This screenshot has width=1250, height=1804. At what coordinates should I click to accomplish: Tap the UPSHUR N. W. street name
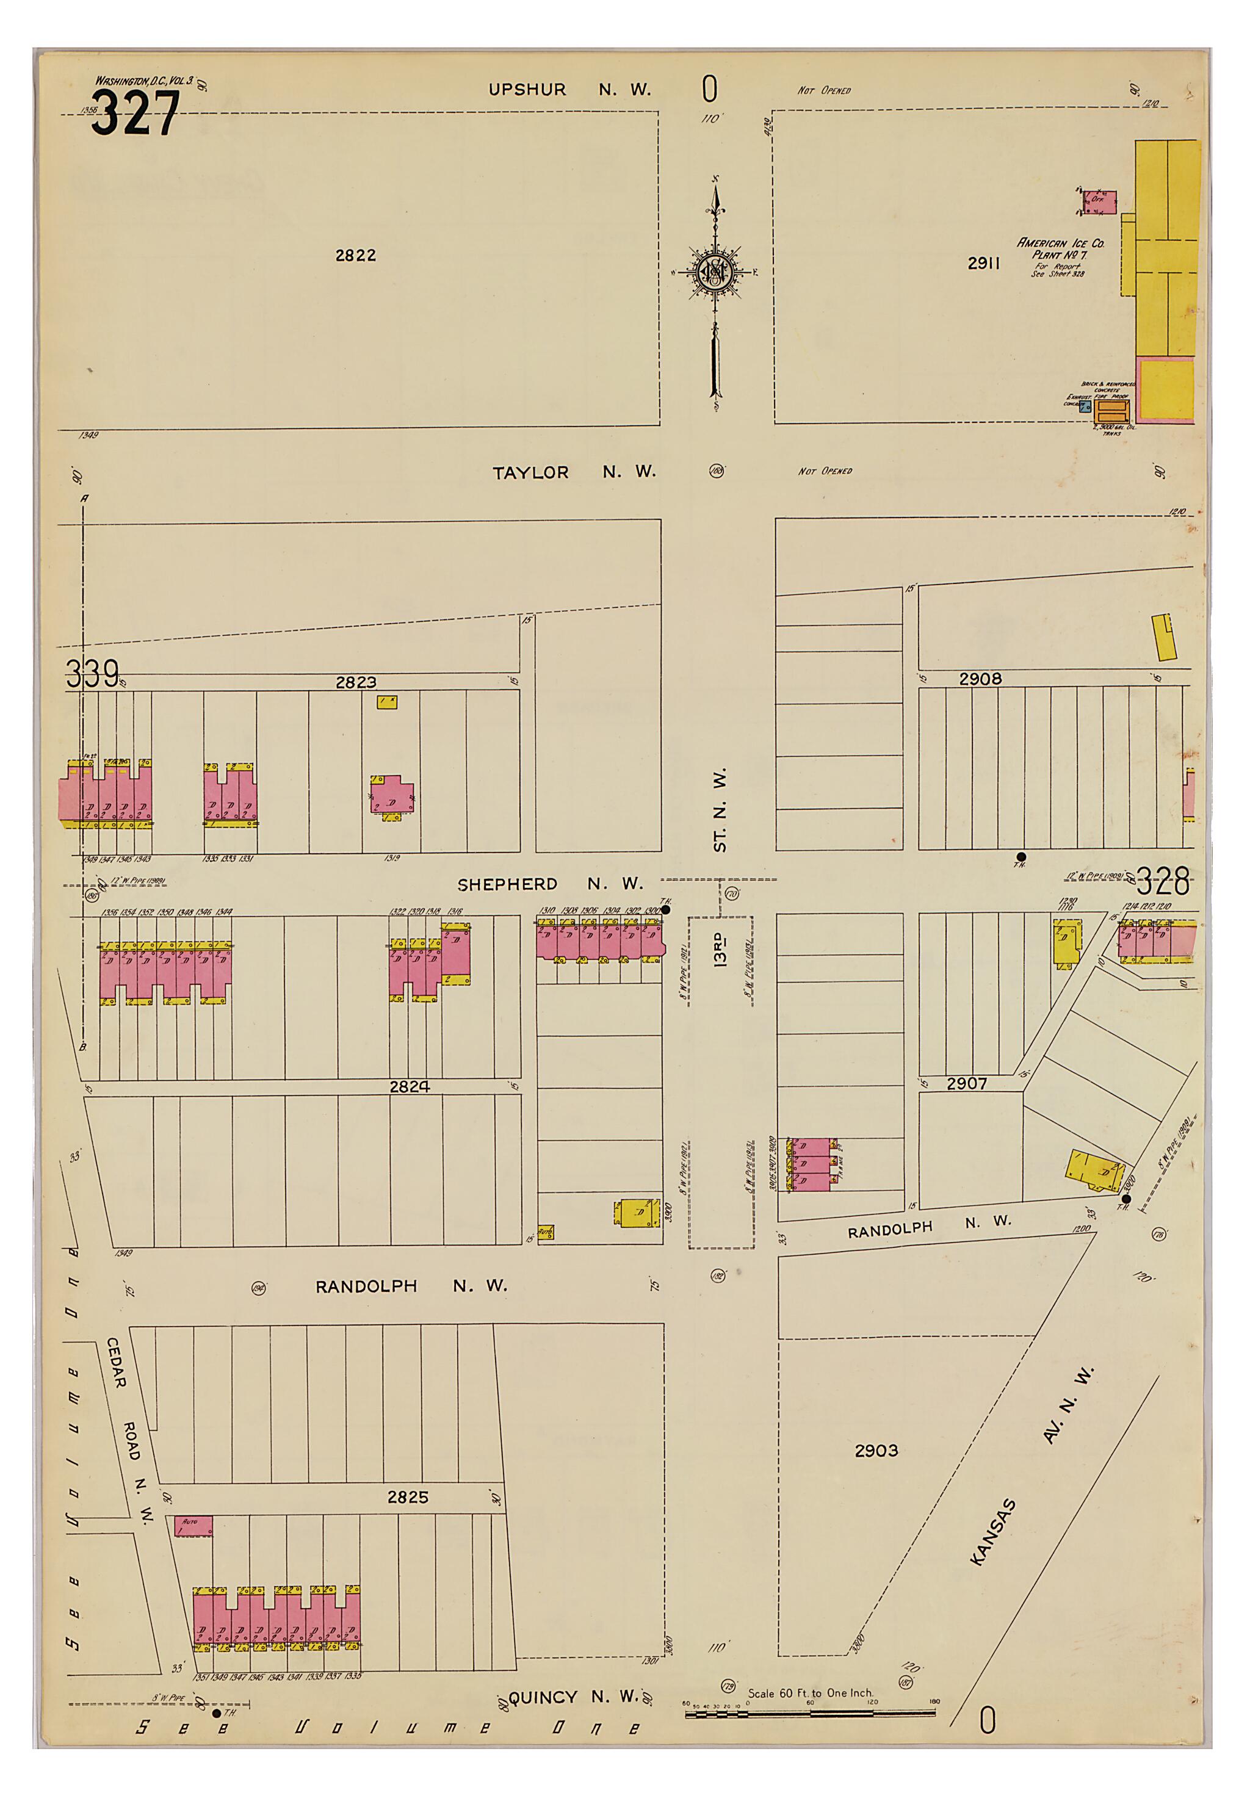pos(569,89)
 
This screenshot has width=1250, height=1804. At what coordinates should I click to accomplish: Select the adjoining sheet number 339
pos(92,673)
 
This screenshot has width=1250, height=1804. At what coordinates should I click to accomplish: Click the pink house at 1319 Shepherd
pos(392,796)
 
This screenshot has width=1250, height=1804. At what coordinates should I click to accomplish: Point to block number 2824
pos(409,1086)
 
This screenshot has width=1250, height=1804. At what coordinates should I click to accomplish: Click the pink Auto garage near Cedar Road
pos(193,1526)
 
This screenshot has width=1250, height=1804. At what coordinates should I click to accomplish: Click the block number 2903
pos(876,1450)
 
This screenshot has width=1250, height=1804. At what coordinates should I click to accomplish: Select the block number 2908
pos(980,679)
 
